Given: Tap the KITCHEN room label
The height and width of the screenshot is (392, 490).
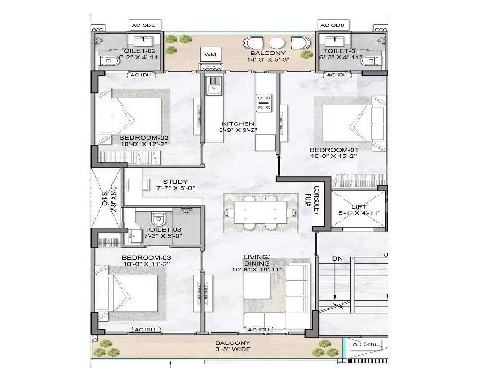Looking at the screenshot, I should click(x=238, y=124).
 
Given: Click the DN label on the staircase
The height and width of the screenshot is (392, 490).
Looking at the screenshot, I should click(x=337, y=258).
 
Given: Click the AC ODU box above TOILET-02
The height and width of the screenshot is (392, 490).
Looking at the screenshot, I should click(x=143, y=25).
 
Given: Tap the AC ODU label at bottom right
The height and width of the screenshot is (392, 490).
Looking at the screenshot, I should click(x=365, y=345).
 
